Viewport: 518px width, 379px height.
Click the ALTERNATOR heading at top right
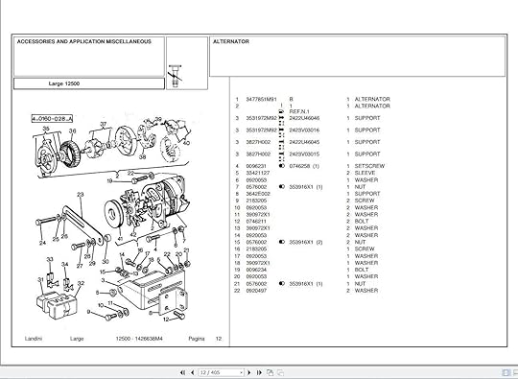[231, 42]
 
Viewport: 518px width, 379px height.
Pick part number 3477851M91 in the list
[260, 99]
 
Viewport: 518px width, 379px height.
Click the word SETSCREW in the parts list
[368, 166]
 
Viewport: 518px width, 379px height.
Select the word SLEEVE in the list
[365, 173]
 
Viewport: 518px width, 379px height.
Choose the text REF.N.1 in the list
[300, 111]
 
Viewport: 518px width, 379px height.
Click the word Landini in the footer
[33, 338]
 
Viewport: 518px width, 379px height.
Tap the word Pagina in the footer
[196, 338]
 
